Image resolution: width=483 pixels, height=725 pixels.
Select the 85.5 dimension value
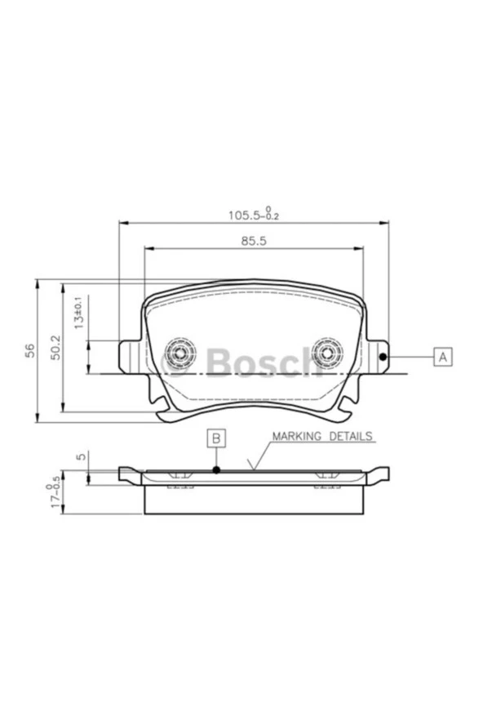point(254,241)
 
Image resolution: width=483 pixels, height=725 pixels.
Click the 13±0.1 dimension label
point(79,314)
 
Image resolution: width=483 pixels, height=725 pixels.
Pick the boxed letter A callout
point(442,357)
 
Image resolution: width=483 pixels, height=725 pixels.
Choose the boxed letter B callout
point(216,438)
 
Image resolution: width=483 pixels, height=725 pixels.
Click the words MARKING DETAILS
point(323,437)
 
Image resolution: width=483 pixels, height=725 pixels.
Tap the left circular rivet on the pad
point(179,354)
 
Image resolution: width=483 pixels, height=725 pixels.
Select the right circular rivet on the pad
point(329,354)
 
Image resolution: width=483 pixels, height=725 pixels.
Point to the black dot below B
point(216,470)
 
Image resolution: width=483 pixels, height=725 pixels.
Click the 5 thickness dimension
point(78,457)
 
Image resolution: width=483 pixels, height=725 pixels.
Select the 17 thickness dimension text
point(55,494)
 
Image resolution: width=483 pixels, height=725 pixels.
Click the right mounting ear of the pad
point(377,355)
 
